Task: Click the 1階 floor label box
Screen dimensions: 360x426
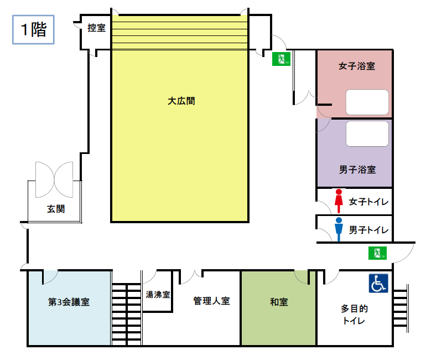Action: coord(33,30)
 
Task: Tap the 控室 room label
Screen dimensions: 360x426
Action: coord(97,28)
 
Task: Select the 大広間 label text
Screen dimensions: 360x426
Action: coord(181,101)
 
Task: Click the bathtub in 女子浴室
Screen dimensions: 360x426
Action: coord(367,101)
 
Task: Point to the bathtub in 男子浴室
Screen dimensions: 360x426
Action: coord(367,133)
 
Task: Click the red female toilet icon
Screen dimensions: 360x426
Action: coord(339,201)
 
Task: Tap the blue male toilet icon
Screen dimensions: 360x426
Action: coord(339,229)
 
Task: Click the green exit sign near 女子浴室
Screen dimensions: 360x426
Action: coord(281,59)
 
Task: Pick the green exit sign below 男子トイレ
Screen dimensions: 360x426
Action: coord(378,253)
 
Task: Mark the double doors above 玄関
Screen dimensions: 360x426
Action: coord(54,179)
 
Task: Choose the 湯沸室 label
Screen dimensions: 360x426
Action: coord(158,295)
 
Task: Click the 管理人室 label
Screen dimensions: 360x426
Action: coord(211,301)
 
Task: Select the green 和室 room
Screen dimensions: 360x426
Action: coord(278,308)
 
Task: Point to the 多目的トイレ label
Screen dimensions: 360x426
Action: coord(355,314)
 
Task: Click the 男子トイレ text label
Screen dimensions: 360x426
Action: coord(369,229)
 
